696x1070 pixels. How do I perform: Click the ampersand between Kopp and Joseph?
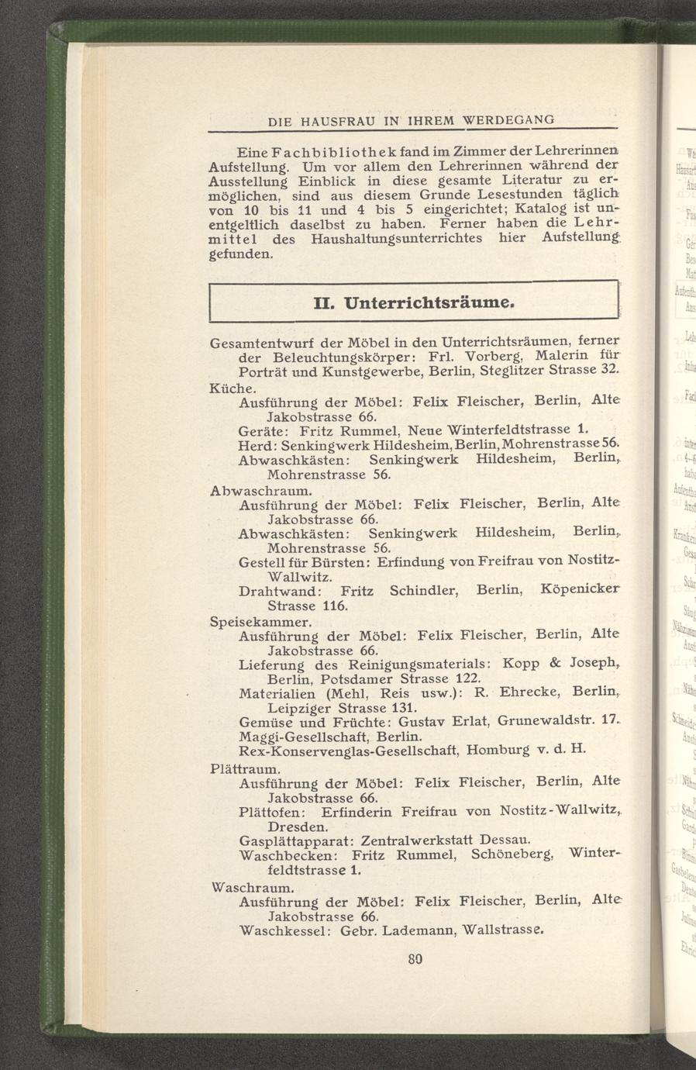553,664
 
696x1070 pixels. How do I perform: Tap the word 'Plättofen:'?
276,812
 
